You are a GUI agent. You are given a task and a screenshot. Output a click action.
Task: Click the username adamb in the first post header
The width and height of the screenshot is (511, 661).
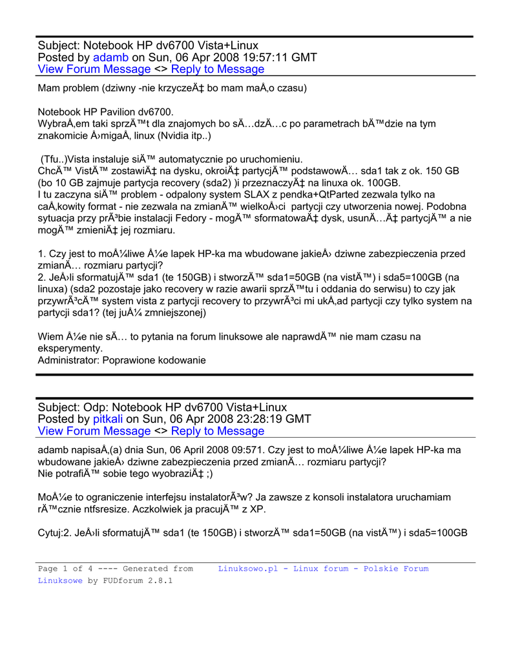[111, 57]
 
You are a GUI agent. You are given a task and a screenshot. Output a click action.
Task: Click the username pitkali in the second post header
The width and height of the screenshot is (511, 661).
[108, 419]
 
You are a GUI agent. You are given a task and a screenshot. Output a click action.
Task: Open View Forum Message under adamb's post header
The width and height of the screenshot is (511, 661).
[94, 69]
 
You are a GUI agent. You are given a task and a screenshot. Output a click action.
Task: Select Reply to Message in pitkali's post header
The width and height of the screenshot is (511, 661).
[218, 431]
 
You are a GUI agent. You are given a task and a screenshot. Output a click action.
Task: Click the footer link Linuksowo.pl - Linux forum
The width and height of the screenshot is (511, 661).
[284, 569]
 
